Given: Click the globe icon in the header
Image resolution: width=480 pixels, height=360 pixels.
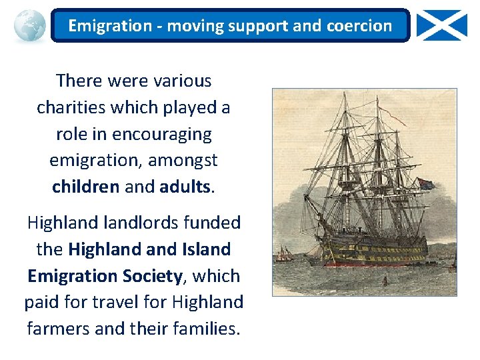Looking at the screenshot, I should pos(29,26).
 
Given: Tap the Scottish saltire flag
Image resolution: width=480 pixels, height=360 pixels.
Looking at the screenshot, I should pos(442,25).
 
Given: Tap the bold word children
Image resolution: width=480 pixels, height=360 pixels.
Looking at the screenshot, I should pos(86,187).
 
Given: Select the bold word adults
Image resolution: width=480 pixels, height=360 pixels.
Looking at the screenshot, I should pos(185,187).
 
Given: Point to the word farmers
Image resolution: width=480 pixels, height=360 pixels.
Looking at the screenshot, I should pos(59,329).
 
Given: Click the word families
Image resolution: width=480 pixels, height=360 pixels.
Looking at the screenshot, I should pos(202,329).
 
